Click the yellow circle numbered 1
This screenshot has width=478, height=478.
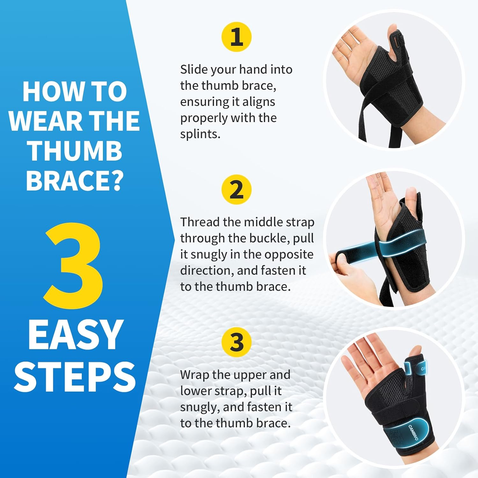(236, 37)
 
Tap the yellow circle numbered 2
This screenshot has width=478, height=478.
(236, 189)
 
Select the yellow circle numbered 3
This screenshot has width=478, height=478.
(236, 342)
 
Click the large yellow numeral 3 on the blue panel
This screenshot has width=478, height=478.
(74, 266)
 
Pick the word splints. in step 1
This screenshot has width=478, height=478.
(200, 134)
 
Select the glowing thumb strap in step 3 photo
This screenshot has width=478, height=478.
(414, 368)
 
